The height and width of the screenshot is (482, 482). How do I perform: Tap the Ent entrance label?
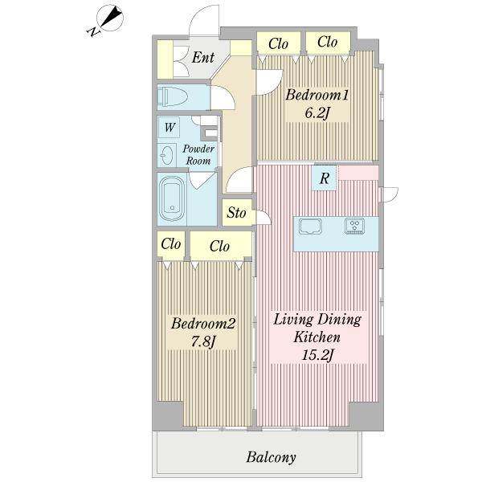[203, 57]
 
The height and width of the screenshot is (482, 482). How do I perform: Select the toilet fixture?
[173, 96]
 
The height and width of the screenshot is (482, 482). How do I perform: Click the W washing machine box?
[170, 127]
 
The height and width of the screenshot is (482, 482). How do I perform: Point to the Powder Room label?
[198, 154]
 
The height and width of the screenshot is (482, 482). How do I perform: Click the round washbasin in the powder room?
[167, 155]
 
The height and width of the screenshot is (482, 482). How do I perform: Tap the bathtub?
[172, 198]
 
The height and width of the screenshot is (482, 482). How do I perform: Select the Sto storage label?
[236, 213]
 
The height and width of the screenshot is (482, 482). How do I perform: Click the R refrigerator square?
[325, 178]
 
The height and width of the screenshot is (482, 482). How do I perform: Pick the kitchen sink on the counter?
[310, 227]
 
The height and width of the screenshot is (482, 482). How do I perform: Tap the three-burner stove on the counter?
[355, 226]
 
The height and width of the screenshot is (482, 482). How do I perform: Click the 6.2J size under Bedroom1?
[318, 113]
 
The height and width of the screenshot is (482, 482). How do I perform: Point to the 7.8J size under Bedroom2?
[203, 341]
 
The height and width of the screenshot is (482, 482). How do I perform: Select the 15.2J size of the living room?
[317, 355]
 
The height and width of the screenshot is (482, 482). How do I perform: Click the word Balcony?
[272, 457]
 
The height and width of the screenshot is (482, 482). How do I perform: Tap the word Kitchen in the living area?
[317, 337]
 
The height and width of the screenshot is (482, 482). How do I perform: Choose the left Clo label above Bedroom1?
[278, 44]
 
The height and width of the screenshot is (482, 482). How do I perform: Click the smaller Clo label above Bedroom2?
[170, 244]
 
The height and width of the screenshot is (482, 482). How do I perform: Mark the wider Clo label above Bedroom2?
[219, 247]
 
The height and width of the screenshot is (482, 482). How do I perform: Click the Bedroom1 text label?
[317, 95]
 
